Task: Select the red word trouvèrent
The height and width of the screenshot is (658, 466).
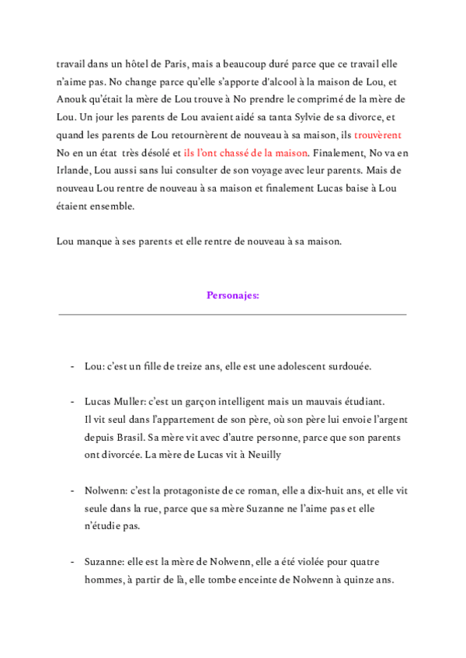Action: [377, 134]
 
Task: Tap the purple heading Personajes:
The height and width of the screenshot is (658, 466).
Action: [233, 295]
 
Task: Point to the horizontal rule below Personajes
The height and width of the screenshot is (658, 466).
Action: [233, 315]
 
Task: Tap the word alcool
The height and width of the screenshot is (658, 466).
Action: [289, 82]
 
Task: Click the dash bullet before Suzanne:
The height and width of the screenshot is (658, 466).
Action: [72, 561]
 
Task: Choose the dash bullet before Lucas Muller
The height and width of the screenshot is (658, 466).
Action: [72, 402]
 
